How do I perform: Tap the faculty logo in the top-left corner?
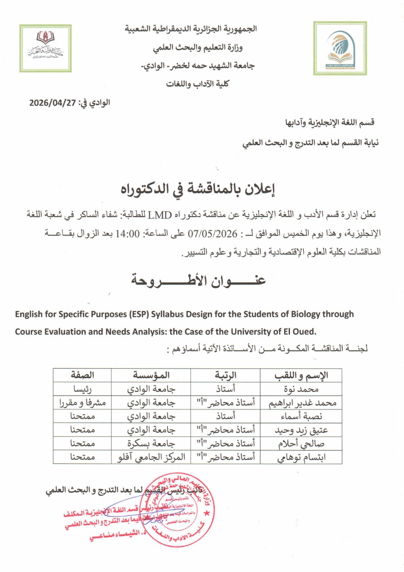pos(45,48)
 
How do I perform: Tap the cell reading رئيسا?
pos(82,389)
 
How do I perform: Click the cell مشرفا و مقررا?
pos(82,403)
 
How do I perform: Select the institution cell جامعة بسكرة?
pos(150,443)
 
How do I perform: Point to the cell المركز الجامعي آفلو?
pos(150,457)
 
